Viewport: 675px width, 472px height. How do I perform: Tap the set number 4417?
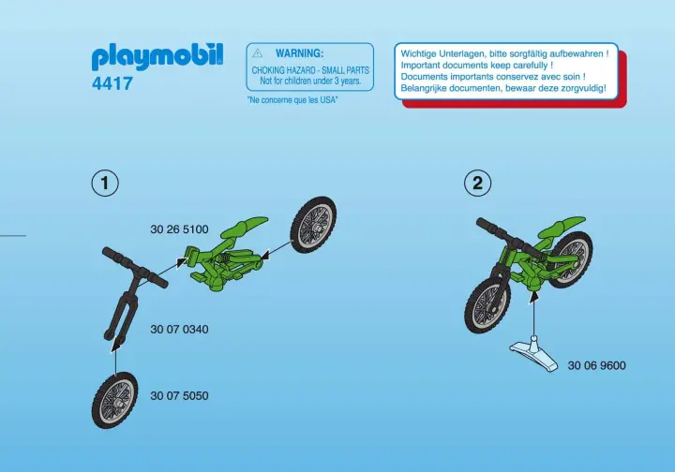pos(112,83)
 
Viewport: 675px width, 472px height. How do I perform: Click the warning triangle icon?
pos(258,52)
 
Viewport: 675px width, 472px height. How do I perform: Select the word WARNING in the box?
pos(299,53)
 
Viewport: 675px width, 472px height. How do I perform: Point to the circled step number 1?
pos(105,184)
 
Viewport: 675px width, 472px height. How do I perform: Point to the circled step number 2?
pos(477,184)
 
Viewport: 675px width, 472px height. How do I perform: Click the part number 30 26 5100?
pos(179,229)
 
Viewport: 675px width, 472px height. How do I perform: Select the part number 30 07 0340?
pos(179,330)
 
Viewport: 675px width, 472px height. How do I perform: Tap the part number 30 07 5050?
pos(179,395)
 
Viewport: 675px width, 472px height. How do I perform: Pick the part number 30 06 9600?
pos(596,365)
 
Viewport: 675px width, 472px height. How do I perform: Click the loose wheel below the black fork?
pos(114,400)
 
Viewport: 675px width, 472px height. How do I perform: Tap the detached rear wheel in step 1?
pos(313,225)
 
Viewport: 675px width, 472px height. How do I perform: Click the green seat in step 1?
pos(244,226)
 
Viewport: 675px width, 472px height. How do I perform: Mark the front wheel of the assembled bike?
pos(487,304)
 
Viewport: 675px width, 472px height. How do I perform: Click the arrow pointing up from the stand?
pos(533,315)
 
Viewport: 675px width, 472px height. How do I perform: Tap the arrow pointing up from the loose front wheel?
pos(115,355)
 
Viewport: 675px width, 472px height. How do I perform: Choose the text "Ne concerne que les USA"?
pos(292,100)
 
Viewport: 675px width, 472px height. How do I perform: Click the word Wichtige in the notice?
pos(418,53)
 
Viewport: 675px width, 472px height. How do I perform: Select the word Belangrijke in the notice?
pos(425,88)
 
